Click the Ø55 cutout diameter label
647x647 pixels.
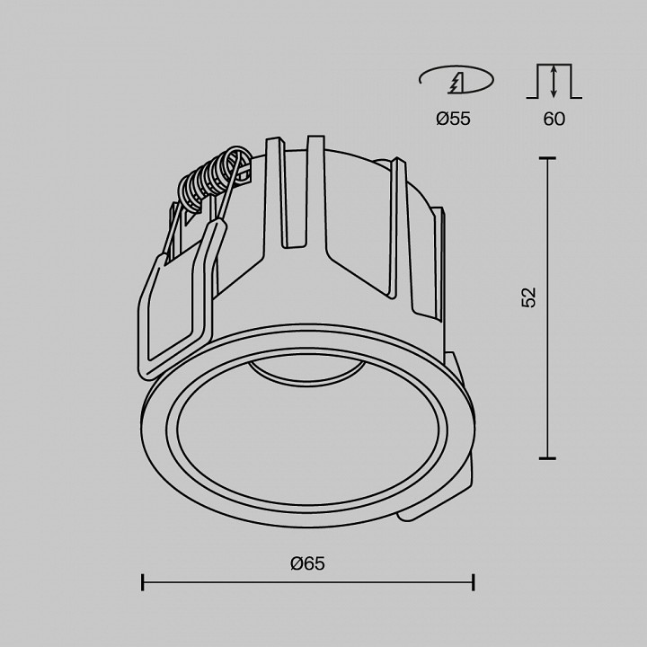pyautogui.click(x=454, y=119)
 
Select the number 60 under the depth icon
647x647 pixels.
pyautogui.click(x=554, y=119)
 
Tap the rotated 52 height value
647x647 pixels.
pyautogui.click(x=529, y=297)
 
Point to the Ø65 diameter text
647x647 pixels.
pyautogui.click(x=307, y=564)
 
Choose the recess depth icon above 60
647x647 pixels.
pyautogui.click(x=554, y=82)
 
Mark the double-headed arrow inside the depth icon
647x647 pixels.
pyautogui.click(x=554, y=81)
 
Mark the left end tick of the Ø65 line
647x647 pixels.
pyautogui.click(x=143, y=583)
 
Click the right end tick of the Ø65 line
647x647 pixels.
pyautogui.click(x=474, y=583)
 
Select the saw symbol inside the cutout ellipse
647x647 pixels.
pyautogui.click(x=457, y=83)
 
